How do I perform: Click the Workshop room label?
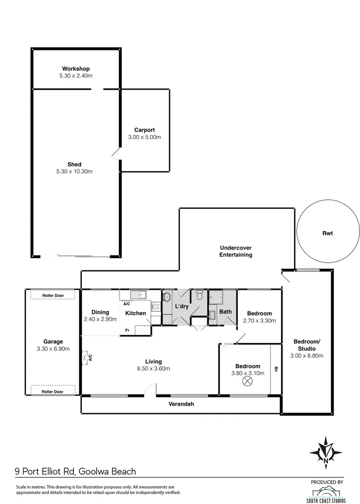75,69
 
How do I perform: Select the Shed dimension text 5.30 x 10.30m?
75,171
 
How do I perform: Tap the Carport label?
144,130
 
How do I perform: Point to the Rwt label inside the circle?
327,233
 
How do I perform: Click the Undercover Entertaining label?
236,251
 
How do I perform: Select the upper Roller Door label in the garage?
52,295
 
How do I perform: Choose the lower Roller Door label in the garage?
52,392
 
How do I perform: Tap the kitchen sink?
138,294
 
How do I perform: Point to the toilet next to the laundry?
200,294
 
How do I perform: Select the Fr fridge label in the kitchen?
126,330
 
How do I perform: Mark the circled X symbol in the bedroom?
247,382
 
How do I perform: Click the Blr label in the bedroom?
276,369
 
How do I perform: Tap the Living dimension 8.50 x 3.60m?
153,368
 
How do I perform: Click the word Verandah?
181,405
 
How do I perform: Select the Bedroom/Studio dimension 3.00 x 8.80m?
307,356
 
